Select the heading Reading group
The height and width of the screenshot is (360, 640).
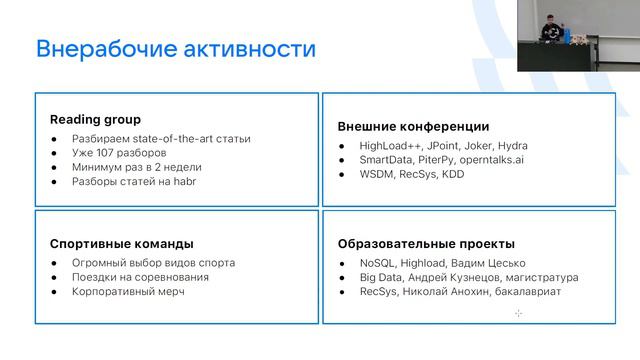[95, 119]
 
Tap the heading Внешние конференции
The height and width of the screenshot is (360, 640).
[413, 127]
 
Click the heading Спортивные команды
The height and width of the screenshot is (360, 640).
[121, 243]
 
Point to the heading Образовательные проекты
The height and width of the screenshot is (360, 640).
[427, 243]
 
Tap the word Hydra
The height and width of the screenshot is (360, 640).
[512, 146]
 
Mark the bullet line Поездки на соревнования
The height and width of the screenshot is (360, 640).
[141, 277]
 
